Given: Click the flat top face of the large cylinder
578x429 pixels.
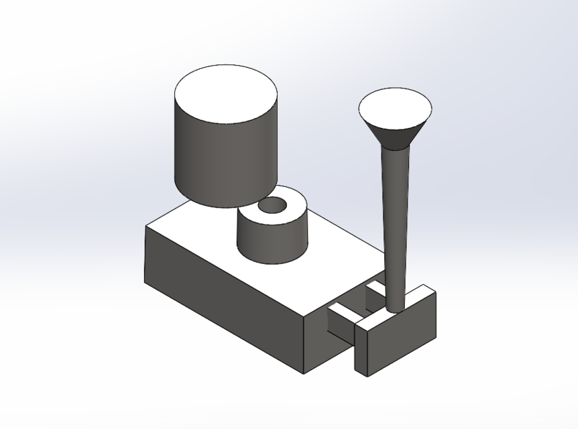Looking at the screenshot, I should point(225,94).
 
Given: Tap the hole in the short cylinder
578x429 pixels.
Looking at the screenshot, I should point(272,206).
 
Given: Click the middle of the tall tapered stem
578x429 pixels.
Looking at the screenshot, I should point(396,221).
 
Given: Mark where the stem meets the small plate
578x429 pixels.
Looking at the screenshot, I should point(396,310).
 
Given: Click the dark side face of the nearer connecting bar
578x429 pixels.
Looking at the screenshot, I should point(339,325).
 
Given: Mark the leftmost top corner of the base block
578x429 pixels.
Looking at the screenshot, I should point(146,226).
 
